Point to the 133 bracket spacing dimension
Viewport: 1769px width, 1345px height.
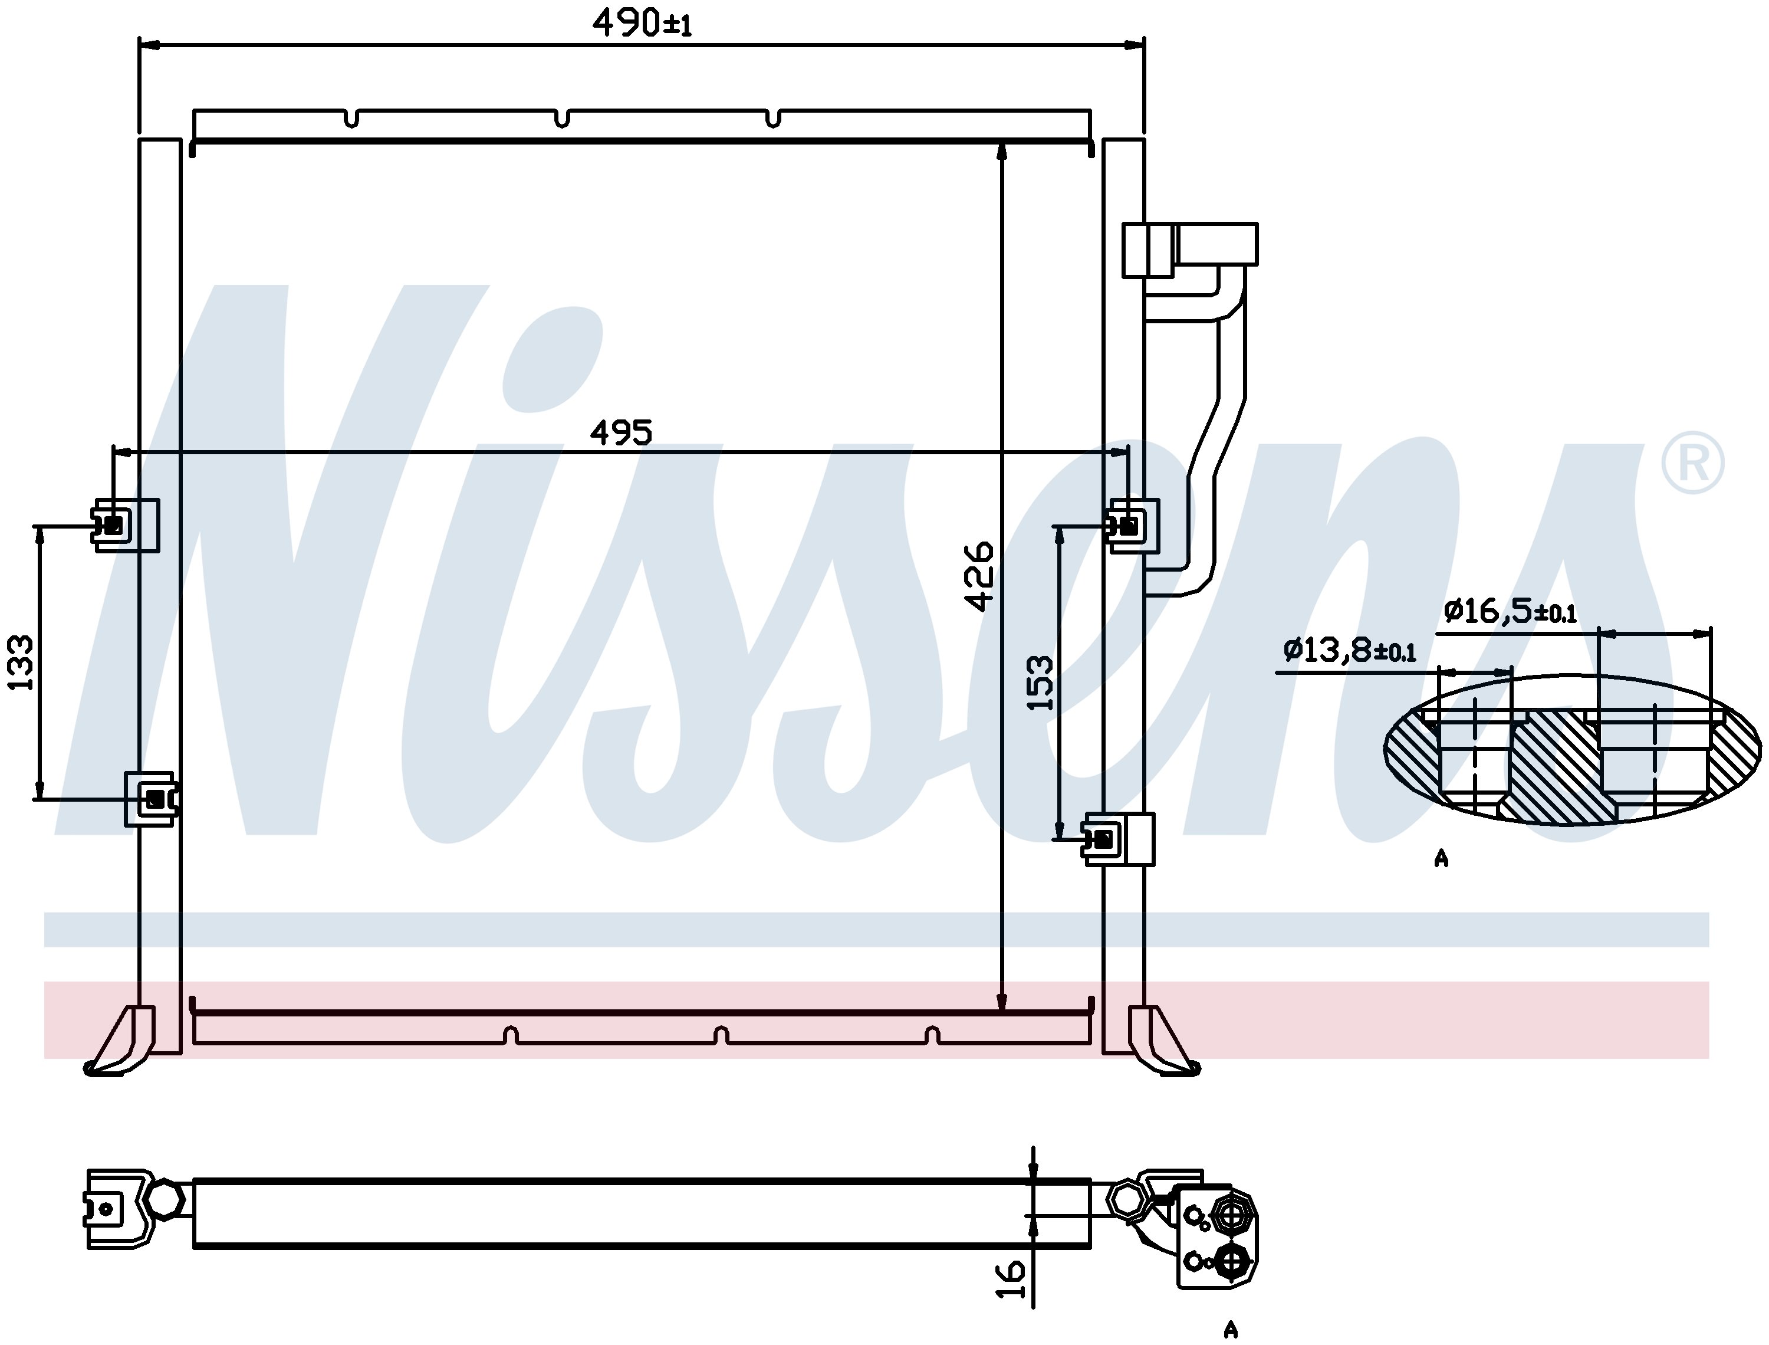point(20,662)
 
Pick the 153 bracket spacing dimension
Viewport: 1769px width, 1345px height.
point(1040,683)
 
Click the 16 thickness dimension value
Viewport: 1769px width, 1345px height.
point(1011,1280)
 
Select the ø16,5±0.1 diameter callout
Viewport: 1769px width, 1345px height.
point(1510,612)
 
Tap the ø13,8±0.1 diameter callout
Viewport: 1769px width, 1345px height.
point(1350,649)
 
